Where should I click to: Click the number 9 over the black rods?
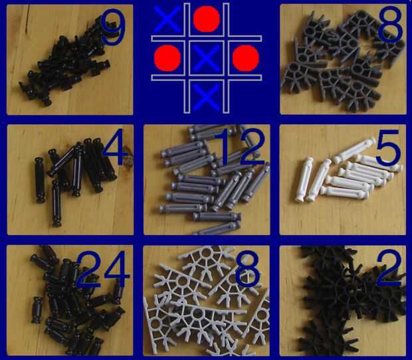click(x=112, y=27)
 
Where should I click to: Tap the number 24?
click(x=103, y=269)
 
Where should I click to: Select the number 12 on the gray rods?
click(x=240, y=147)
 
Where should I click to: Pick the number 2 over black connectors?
click(x=389, y=268)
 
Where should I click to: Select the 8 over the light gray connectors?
click(x=247, y=268)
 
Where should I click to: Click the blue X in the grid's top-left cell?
click(x=167, y=18)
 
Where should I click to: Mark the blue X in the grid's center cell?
click(x=206, y=58)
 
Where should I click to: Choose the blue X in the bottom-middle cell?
click(x=206, y=97)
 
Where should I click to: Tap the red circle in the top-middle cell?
click(x=207, y=19)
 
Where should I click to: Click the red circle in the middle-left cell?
click(x=167, y=58)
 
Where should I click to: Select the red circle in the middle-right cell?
click(x=246, y=58)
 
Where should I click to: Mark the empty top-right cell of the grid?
click(x=245, y=19)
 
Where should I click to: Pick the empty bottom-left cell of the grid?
click(x=168, y=96)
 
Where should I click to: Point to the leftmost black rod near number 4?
click(x=40, y=180)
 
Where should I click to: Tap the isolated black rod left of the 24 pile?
click(x=37, y=310)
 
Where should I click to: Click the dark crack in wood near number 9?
click(x=27, y=19)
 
